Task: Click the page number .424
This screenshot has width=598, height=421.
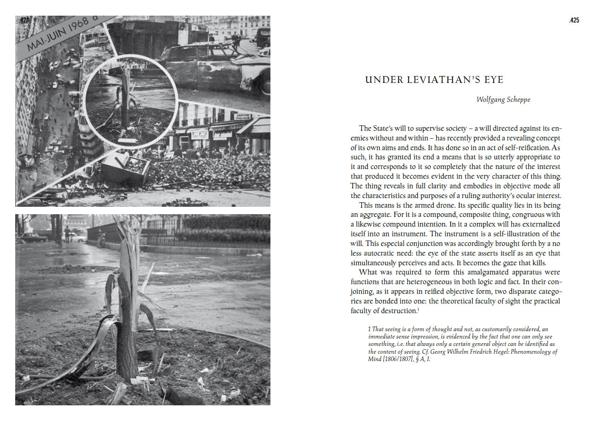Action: pos(24,20)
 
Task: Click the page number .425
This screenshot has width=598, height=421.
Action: pos(574,20)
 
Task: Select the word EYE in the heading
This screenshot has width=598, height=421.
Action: pos(494,80)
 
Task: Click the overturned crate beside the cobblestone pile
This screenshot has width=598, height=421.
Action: pos(123,170)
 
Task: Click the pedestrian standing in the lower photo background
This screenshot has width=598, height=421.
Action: pos(67,234)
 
